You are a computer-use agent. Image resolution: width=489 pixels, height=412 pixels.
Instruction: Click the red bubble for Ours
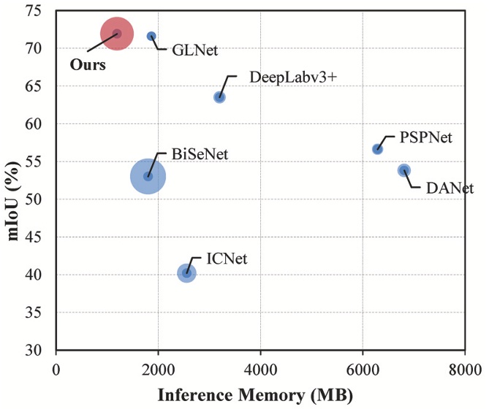pos(117,34)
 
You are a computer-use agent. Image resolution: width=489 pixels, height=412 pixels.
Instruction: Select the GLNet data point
pos(151,37)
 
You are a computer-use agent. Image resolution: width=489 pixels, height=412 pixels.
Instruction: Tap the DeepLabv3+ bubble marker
pos(219,97)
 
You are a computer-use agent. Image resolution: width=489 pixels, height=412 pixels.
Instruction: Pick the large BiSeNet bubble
pos(148,176)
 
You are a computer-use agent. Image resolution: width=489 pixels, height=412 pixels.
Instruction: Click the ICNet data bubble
pos(187,273)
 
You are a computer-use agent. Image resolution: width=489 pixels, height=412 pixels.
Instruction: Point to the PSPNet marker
pos(378,149)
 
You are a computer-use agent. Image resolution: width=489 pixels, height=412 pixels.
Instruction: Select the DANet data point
pos(404,170)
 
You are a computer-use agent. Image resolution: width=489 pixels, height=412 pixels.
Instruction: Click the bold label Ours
pos(88,64)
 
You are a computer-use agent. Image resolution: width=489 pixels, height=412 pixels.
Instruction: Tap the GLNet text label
pos(195,51)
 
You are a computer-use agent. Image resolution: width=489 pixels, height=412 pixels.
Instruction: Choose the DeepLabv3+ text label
pos(292,77)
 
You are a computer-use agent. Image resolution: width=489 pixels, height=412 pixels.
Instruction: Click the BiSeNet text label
pos(200,155)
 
